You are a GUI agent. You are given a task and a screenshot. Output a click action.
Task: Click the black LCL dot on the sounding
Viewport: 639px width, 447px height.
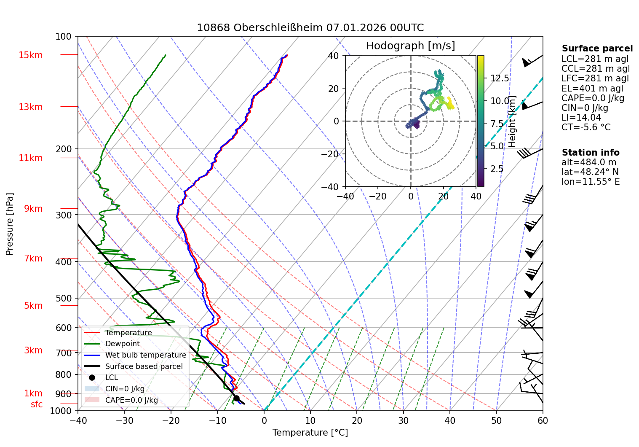(x=236, y=398)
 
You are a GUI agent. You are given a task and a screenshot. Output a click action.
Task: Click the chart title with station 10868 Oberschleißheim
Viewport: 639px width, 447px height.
(x=310, y=28)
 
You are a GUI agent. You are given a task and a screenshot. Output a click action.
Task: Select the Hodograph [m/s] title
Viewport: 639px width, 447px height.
(x=410, y=46)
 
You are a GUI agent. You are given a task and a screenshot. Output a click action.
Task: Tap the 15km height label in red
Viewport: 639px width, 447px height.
(x=30, y=55)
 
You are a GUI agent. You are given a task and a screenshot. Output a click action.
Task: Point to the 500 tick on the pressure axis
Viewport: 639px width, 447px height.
(x=64, y=298)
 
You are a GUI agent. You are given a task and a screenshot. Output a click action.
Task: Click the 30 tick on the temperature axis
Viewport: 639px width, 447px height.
(x=403, y=420)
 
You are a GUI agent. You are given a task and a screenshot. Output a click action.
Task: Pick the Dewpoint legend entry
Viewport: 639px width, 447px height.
(x=122, y=344)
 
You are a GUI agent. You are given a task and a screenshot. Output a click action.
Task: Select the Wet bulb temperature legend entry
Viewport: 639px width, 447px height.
(x=145, y=355)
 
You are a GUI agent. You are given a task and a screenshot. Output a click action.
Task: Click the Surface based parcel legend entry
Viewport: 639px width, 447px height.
(x=144, y=366)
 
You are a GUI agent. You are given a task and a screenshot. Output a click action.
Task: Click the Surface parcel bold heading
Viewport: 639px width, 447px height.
(x=597, y=48)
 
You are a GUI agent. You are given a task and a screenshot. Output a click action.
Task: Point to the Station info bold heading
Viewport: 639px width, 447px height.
(x=590, y=153)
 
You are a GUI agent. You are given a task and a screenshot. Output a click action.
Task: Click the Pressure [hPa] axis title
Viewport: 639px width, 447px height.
(x=10, y=224)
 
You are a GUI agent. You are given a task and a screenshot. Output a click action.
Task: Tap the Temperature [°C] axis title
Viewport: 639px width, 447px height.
(x=310, y=433)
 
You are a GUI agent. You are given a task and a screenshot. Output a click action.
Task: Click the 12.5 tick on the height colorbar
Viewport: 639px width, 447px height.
(x=500, y=78)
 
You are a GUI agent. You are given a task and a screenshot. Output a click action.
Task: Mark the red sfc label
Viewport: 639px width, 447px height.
(x=37, y=404)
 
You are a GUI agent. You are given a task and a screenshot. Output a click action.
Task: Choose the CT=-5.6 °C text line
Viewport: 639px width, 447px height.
(x=586, y=127)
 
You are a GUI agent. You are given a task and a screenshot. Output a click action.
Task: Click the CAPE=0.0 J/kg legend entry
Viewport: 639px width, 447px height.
(x=131, y=400)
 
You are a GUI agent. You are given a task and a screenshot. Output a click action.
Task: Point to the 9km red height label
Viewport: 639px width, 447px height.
(x=33, y=209)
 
